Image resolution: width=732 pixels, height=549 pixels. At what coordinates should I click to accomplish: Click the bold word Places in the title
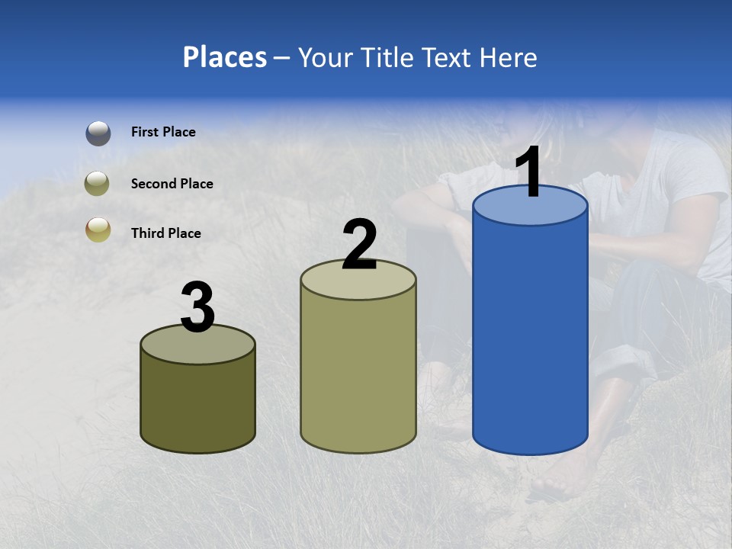[x=224, y=57]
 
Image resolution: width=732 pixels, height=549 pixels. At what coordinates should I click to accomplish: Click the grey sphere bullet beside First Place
[x=98, y=133]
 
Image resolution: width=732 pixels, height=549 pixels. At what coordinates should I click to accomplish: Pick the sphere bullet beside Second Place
[x=98, y=184]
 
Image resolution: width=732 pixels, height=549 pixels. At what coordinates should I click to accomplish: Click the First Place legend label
[x=163, y=132]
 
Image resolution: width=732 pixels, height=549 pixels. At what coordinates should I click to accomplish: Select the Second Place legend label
[x=172, y=184]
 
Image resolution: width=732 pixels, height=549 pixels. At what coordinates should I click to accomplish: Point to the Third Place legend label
[x=165, y=233]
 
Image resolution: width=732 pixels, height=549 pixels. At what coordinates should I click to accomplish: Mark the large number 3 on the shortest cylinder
[x=198, y=307]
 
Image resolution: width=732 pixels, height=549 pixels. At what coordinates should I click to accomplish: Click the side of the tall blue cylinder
[x=531, y=335]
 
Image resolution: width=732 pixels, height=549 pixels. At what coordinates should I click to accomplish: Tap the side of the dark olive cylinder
[x=198, y=404]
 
